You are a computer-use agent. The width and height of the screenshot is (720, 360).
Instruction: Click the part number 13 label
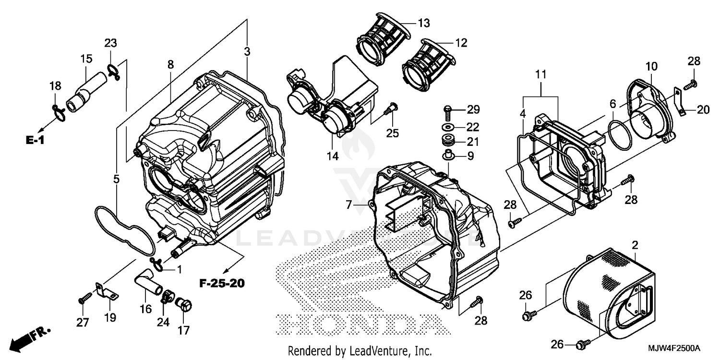423,23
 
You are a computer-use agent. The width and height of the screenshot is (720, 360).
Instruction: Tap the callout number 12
460,43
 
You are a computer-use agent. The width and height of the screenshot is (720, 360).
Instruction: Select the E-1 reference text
35,140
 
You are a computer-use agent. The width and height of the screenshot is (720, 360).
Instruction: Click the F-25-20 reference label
221,283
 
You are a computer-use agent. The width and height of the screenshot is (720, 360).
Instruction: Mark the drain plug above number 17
184,304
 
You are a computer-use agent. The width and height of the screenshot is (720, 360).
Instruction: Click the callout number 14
332,156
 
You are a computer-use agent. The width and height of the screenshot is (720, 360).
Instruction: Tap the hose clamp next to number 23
113,71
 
